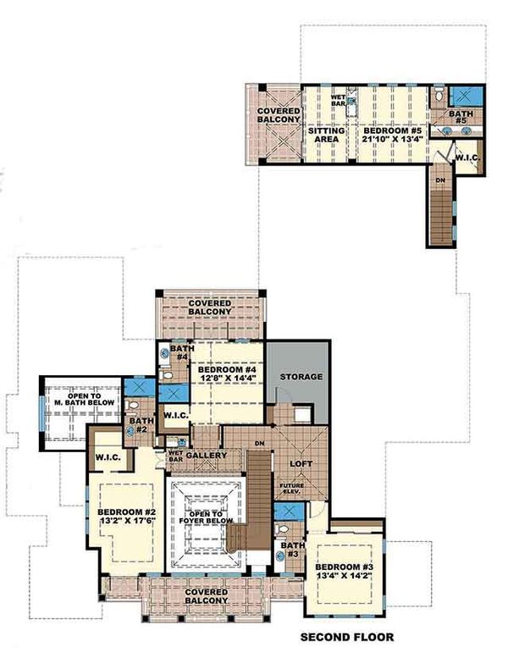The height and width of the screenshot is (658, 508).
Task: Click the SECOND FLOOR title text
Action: [347, 637]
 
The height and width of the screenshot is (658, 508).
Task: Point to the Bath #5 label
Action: [462, 116]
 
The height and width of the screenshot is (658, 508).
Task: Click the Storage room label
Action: [301, 376]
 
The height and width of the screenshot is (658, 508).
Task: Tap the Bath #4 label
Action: [179, 352]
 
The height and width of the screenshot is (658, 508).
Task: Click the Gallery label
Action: [207, 456]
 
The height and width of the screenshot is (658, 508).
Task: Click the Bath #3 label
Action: [290, 550]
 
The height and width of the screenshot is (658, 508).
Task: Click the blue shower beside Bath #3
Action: [288, 514]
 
